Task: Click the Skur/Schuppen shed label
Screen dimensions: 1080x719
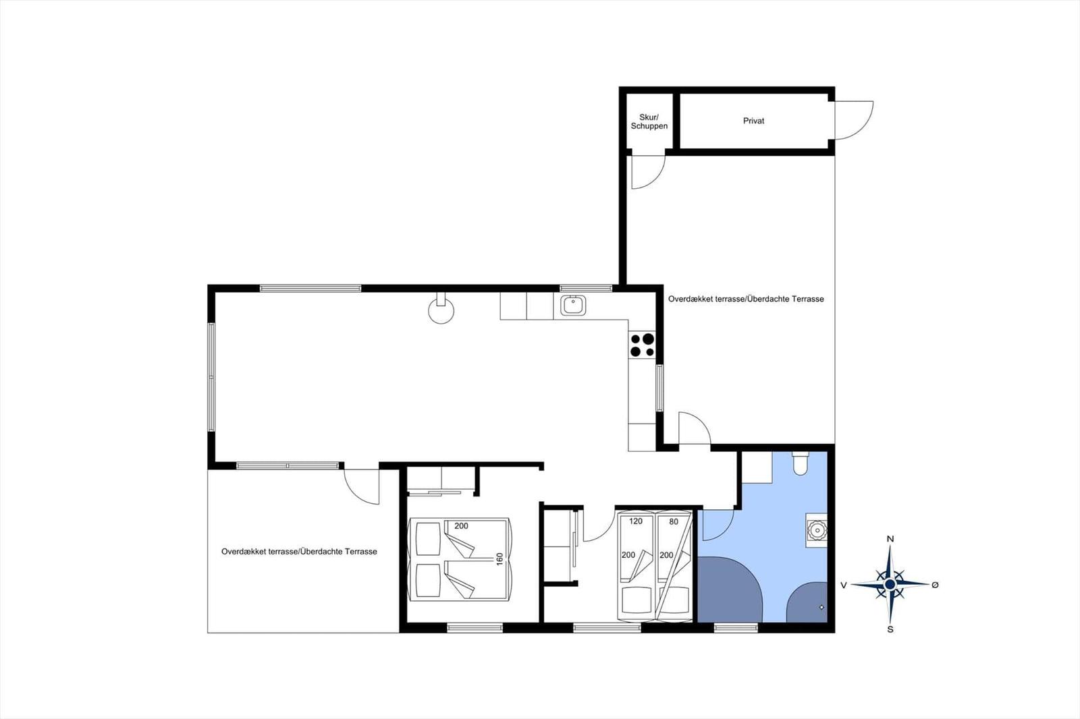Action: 649,121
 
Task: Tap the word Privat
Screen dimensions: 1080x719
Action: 753,121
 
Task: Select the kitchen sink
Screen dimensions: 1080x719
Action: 573,305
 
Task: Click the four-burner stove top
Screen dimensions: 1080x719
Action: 642,345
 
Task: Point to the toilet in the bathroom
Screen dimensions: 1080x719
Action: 800,463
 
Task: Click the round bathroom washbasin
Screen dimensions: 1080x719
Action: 817,530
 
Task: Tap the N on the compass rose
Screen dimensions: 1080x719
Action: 890,539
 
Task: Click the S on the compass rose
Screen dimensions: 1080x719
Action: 890,629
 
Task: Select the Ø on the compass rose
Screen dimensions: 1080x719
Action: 935,585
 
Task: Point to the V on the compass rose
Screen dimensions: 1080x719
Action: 844,585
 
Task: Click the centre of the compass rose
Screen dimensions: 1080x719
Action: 890,585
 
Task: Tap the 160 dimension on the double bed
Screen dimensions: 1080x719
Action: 500,559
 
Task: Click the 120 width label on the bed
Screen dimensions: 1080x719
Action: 636,521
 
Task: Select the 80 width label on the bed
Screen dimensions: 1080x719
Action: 674,521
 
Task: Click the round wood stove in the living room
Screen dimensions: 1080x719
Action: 441,310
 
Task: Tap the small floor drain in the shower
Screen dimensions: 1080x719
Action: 821,607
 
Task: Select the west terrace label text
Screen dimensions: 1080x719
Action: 299,551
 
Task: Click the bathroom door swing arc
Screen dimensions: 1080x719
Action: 725,532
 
